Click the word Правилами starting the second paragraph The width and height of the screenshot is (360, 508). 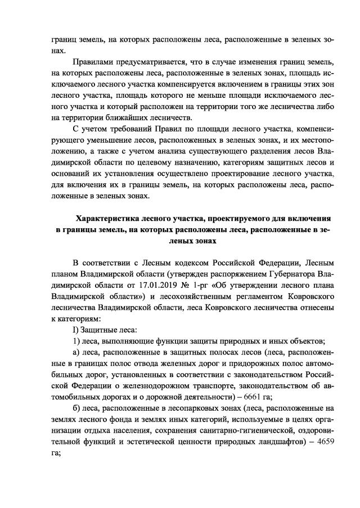(x=93, y=61)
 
